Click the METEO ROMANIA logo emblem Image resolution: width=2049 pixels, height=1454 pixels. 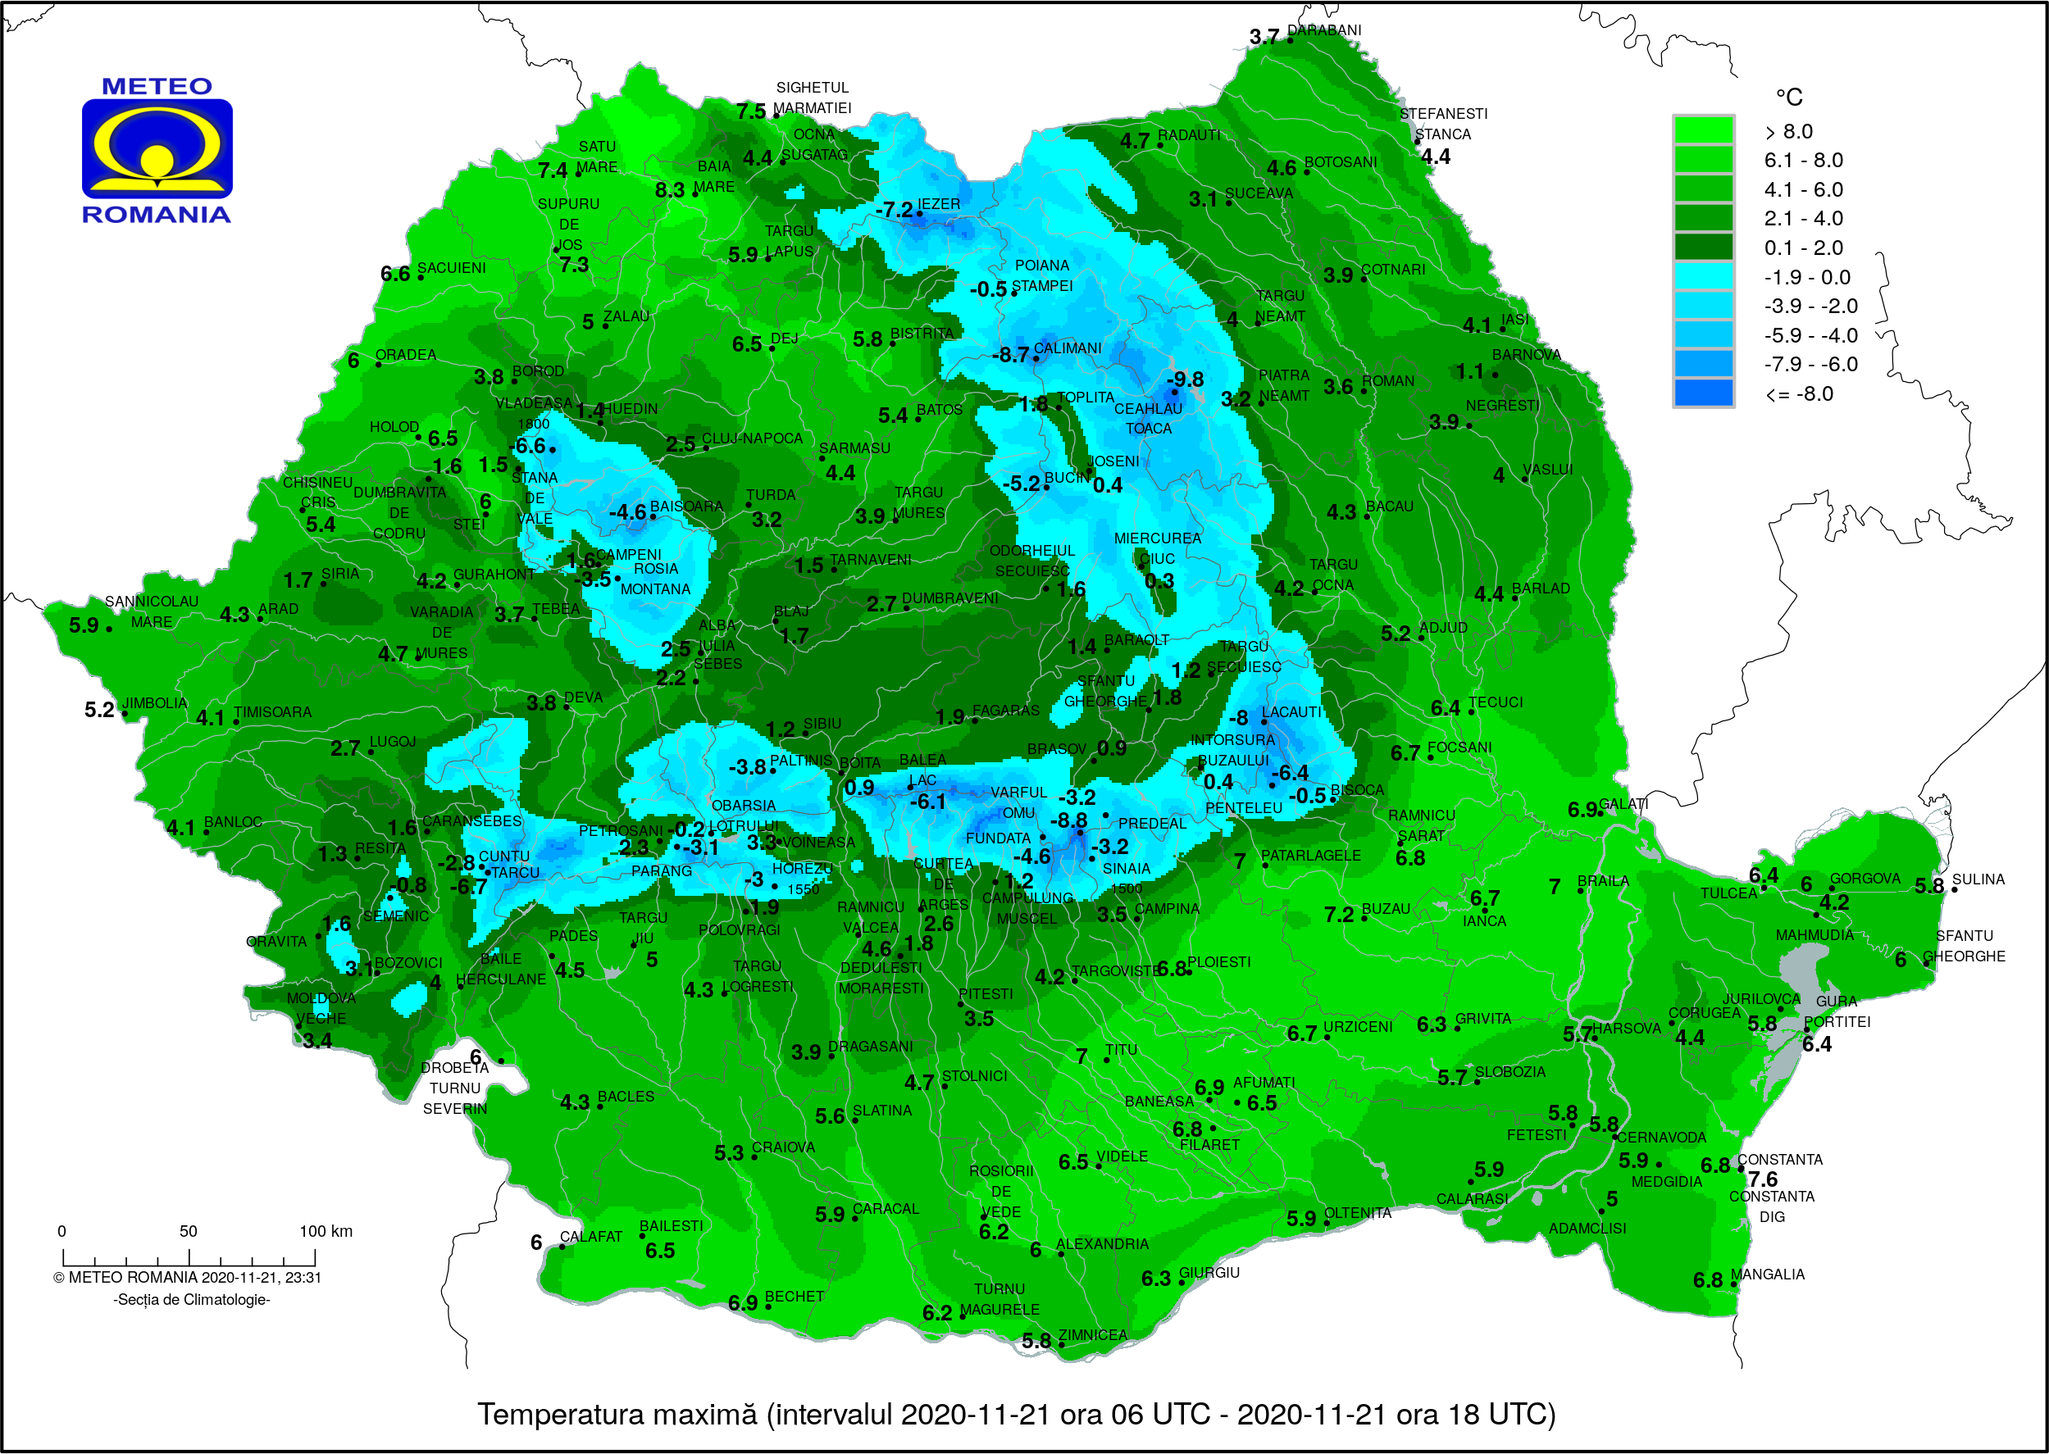pyautogui.click(x=157, y=148)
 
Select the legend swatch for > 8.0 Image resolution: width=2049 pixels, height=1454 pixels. pyautogui.click(x=1702, y=130)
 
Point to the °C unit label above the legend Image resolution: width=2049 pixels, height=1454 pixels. pyautogui.click(x=1788, y=97)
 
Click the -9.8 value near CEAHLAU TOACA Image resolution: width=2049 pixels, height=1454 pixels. pyautogui.click(x=1185, y=379)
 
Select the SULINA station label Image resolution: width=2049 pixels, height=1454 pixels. pyautogui.click(x=1978, y=879)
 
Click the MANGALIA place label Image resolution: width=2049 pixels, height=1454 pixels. pyautogui.click(x=1767, y=1274)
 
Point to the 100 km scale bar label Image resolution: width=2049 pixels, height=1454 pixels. pyautogui.click(x=326, y=1231)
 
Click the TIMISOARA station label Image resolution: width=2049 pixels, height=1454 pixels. pyautogui.click(x=272, y=711)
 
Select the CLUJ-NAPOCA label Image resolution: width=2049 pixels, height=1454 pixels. pyautogui.click(x=751, y=438)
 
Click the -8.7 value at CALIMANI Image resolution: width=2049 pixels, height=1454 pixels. pyautogui.click(x=1010, y=355)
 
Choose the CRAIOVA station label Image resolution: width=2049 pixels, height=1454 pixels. pyautogui.click(x=783, y=1147)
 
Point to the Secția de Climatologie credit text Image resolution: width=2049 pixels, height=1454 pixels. pyautogui.click(x=192, y=1299)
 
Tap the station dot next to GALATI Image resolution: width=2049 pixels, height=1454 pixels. pyautogui.click(x=1600, y=813)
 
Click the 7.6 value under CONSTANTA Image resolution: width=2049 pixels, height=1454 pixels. pyautogui.click(x=1762, y=1179)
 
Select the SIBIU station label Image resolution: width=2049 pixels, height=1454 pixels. pyautogui.click(x=822, y=723)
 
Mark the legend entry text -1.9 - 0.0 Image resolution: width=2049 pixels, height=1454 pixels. pyautogui.click(x=1806, y=277)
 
